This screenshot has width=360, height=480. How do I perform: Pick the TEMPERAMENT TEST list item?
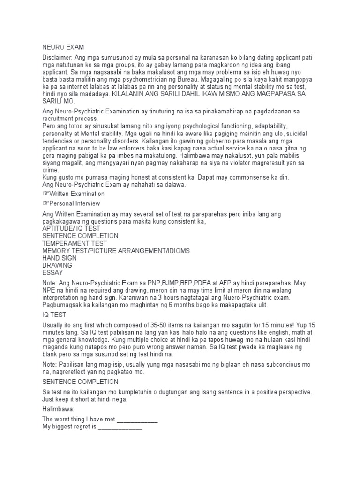point(75,244)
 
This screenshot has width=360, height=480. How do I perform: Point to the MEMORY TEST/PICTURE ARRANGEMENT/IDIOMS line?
point(116,251)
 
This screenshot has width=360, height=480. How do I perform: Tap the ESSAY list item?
point(52,273)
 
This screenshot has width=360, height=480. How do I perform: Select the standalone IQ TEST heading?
point(54,315)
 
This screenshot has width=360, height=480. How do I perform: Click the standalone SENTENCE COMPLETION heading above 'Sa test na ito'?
point(80,382)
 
